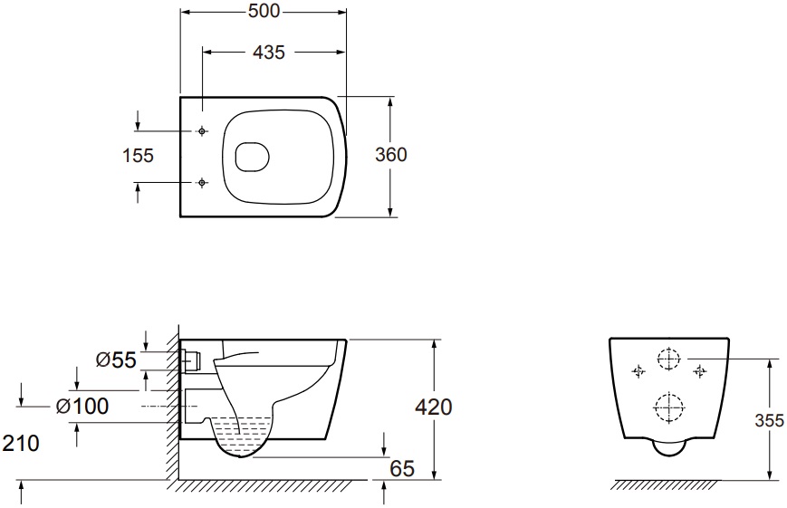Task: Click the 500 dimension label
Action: click(264, 11)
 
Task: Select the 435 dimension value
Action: click(269, 52)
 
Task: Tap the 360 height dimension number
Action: click(391, 155)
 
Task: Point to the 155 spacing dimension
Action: click(138, 155)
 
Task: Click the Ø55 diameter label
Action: click(116, 359)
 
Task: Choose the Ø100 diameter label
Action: click(82, 406)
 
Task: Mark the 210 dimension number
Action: click(21, 443)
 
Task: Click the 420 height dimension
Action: click(434, 407)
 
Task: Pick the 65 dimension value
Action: click(402, 469)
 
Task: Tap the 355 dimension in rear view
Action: click(770, 420)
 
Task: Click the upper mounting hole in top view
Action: click(202, 131)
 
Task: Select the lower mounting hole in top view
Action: click(202, 182)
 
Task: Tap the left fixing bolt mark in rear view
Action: click(638, 371)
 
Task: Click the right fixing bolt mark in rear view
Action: click(700, 371)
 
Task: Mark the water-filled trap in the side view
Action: click(241, 436)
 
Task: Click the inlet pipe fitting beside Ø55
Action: click(191, 359)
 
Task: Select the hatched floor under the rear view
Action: click(666, 485)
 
